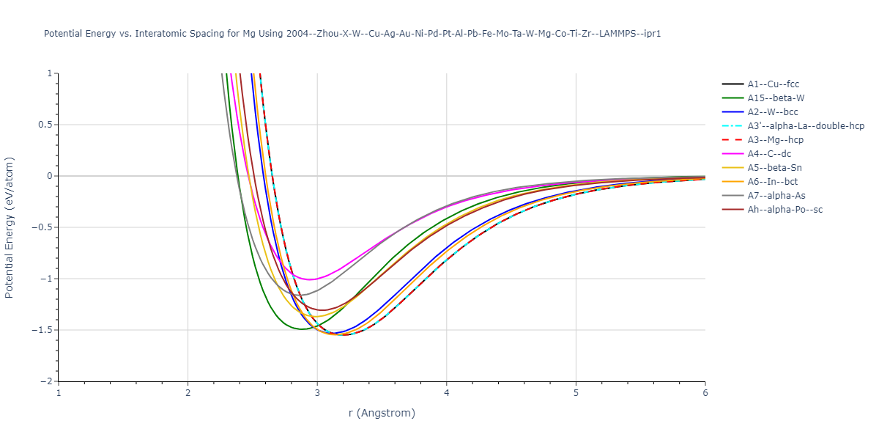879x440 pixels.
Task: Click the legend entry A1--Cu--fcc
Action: tap(773, 84)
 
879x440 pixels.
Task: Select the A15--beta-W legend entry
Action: tap(776, 98)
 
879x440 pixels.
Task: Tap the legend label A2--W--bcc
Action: tap(773, 112)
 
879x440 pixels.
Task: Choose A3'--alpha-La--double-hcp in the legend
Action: tap(806, 126)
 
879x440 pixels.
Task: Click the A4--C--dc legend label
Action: tap(769, 154)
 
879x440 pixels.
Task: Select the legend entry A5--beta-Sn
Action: tap(774, 168)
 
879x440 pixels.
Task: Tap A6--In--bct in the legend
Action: tap(773, 182)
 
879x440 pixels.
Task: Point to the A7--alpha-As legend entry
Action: tap(775, 196)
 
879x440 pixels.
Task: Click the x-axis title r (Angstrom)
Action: tap(382, 413)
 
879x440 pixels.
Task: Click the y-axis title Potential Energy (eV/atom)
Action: tap(10, 227)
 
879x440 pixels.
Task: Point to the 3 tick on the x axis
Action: tap(317, 393)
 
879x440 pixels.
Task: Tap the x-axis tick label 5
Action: tap(576, 393)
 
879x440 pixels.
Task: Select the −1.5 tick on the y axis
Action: tap(43, 330)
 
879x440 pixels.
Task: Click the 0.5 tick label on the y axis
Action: tap(45, 125)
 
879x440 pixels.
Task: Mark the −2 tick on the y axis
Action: tap(47, 381)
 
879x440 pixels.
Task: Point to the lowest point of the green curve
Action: tap(300, 329)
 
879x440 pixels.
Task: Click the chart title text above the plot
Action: tap(352, 34)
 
